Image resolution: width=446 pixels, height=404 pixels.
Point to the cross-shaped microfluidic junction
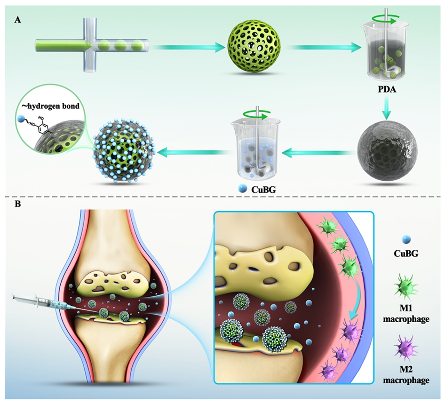tap(90, 46)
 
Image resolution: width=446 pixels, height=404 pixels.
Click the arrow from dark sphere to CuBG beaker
tap(318, 150)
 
